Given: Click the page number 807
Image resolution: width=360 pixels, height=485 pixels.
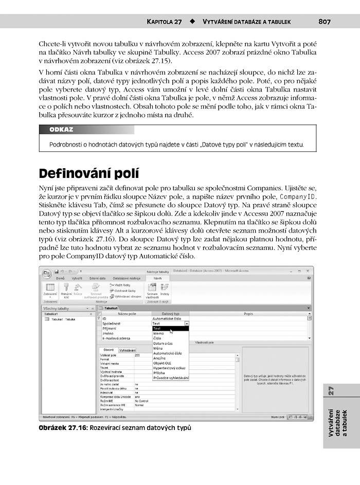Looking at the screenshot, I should pyautogui.click(x=324, y=22).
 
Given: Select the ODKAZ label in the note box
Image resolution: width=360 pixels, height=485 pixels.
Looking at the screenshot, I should pyautogui.click(x=61, y=130).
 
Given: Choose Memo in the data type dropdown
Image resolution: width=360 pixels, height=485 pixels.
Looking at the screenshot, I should pyautogui.click(x=158, y=333).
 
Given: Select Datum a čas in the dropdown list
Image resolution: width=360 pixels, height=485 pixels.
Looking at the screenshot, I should pyautogui.click(x=163, y=343).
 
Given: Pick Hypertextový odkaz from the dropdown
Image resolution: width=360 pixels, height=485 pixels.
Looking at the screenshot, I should pyautogui.click(x=169, y=368).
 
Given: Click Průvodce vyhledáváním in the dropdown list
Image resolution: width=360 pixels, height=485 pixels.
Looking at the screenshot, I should pyautogui.click(x=170, y=378).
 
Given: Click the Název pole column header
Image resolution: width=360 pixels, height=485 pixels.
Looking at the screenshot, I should pyautogui.click(x=127, y=313).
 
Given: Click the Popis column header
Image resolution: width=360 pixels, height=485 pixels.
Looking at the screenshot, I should pyautogui.click(x=248, y=313).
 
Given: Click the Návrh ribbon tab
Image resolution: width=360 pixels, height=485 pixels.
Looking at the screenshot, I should pyautogui.click(x=157, y=278).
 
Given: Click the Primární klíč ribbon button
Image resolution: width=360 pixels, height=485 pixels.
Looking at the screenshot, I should pyautogui.click(x=66, y=294).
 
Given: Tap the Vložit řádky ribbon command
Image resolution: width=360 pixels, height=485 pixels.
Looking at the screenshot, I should pyautogui.click(x=122, y=284).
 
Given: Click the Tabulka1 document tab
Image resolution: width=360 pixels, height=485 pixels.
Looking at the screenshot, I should pyautogui.click(x=111, y=308).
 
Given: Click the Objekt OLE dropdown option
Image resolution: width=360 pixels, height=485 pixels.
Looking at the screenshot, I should pyautogui.click(x=163, y=363).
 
